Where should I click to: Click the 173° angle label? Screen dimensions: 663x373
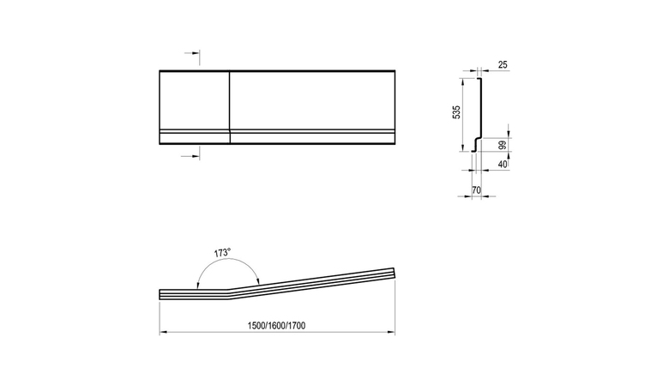(x=222, y=253)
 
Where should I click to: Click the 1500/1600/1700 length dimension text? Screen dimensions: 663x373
(x=276, y=326)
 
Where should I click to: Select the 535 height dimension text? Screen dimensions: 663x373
(x=456, y=112)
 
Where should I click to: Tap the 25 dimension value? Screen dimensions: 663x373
(x=503, y=64)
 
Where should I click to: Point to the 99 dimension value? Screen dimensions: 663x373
(x=503, y=146)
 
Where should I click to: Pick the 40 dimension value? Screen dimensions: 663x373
(x=503, y=164)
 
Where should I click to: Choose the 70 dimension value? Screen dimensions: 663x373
(x=476, y=190)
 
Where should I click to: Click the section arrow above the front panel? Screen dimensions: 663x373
(x=192, y=53)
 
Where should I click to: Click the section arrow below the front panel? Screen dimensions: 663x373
(x=190, y=156)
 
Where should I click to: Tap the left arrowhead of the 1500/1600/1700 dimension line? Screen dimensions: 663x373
(x=163, y=333)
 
